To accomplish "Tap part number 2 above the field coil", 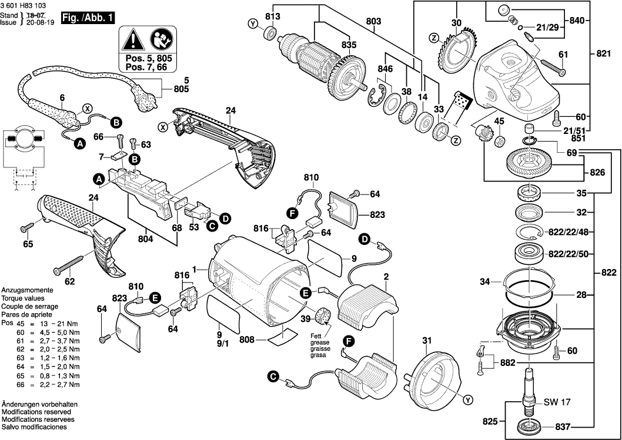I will (386, 277).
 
